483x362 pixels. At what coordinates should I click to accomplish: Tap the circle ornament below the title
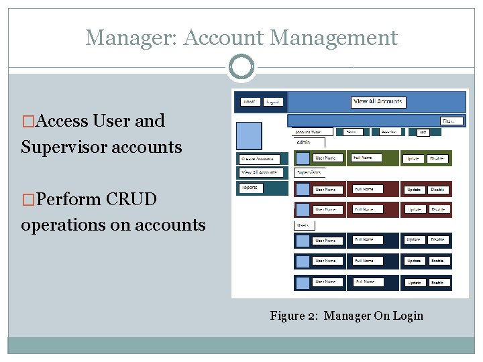coord(241,67)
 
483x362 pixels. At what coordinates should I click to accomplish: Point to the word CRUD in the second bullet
coord(129,199)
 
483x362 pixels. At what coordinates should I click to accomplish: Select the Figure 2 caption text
coord(346,315)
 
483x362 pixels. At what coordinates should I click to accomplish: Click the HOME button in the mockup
coord(250,102)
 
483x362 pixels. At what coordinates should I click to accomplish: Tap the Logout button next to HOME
coord(272,102)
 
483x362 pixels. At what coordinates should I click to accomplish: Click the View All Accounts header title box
coord(378,102)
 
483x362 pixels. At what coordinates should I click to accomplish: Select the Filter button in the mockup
coord(448,121)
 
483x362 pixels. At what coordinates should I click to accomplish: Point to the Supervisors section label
coord(311,172)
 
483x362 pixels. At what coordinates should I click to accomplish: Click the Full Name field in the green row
coord(372,159)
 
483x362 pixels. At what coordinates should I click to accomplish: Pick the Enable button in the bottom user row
coord(437,282)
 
